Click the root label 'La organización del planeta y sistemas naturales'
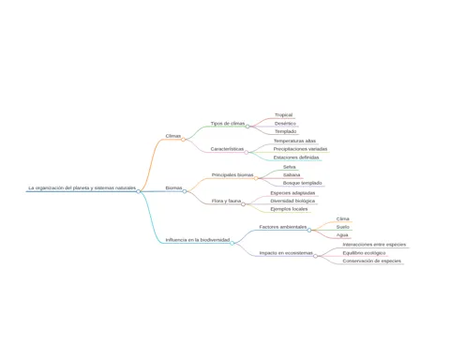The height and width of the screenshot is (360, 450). [x=82, y=187]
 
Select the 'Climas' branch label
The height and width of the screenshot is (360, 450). [x=173, y=136]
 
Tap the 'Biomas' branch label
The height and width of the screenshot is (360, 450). [x=173, y=187]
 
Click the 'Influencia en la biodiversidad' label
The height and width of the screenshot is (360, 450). [x=198, y=240]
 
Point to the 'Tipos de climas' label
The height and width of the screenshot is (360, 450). [x=228, y=124]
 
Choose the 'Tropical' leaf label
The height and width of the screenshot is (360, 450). [x=284, y=115]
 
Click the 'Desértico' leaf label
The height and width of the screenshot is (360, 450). [x=285, y=124]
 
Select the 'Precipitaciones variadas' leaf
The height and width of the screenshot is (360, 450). [x=300, y=149]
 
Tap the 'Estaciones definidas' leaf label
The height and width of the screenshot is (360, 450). [x=296, y=157]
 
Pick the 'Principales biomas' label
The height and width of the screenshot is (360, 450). [x=232, y=174]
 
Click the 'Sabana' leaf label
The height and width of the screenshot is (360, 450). [x=292, y=174]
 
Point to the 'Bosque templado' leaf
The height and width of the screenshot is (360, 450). [x=303, y=183]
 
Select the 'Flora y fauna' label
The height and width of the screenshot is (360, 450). [x=226, y=201]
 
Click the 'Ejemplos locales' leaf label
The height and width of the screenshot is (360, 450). [x=289, y=209]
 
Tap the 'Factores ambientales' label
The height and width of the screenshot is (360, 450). [x=283, y=227]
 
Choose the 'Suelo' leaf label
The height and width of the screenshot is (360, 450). [x=343, y=227]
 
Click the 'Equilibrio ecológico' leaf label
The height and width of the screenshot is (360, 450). [x=364, y=253]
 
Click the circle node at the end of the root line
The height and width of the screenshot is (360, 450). [x=138, y=191]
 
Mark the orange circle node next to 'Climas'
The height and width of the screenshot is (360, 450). [x=183, y=140]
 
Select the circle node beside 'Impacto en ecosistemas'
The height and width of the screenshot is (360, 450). [x=315, y=256]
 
